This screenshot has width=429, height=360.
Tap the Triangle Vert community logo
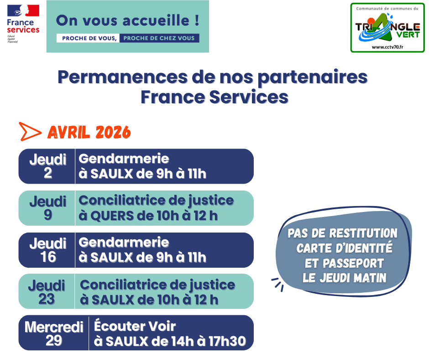coord(387,28)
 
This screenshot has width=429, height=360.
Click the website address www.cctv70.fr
coord(387,47)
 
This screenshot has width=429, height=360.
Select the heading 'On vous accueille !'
coord(127,21)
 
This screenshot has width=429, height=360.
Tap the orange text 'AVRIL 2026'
coord(89,132)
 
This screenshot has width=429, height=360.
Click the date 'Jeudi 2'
coord(47,166)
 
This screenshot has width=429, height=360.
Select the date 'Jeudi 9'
coord(47,208)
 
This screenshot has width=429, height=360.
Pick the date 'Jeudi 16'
coord(47,250)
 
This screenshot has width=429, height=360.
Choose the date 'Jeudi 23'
coord(47,292)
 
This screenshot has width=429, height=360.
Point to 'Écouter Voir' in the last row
coord(135,326)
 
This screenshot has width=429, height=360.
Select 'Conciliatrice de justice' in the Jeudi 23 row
coord(157,285)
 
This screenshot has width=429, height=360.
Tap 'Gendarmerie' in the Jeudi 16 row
coord(124,242)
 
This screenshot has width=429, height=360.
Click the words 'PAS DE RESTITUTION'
coord(342,233)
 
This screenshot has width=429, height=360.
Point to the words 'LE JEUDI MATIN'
coord(344,277)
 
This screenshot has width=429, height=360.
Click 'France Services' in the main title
coord(214,97)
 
